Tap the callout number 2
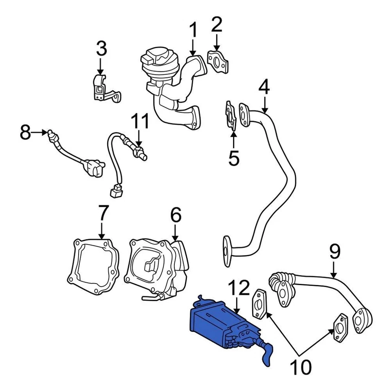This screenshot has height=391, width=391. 216,25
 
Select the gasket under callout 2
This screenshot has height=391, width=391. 217,62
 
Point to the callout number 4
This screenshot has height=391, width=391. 264,87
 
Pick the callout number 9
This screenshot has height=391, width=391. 334,252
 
